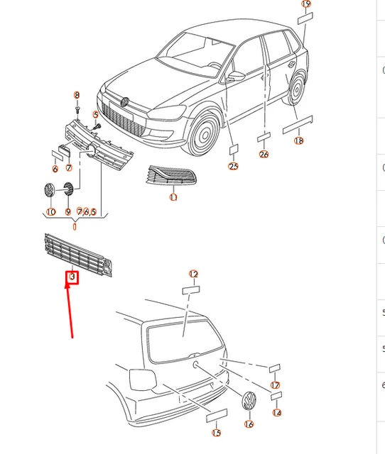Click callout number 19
tap(306, 4)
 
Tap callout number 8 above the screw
tap(77, 95)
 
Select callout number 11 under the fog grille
tap(173, 197)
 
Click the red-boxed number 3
tap(72, 277)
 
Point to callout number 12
tap(193, 274)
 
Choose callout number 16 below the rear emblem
tap(249, 424)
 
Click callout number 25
tap(234, 166)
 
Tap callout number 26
tap(264, 155)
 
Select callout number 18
tap(298, 140)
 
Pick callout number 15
tap(216, 433)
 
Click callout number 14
tap(277, 413)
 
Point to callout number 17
tap(275, 385)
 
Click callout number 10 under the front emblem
tap(50, 212)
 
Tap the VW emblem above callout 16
tap(249, 401)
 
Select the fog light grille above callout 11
tap(170, 175)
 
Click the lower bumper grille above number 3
tap(78, 255)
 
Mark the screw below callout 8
tap(77, 111)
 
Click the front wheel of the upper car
tap(204, 134)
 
